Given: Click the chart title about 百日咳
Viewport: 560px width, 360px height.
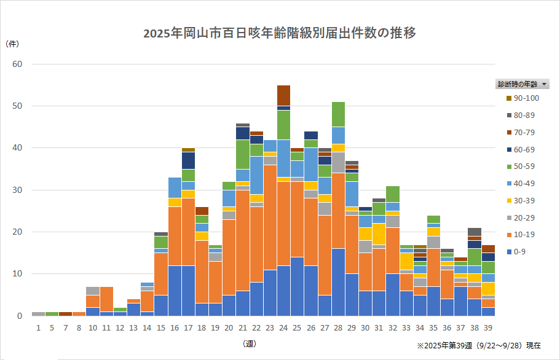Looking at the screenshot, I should [280, 33].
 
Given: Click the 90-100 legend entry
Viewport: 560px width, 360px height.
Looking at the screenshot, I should [527, 98].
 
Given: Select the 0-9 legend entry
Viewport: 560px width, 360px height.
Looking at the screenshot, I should [519, 251].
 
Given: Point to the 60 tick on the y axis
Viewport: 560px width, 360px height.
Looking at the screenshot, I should [17, 64].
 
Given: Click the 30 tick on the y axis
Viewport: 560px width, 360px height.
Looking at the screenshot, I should [17, 190].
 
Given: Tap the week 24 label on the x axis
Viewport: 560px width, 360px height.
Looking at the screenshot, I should [283, 329].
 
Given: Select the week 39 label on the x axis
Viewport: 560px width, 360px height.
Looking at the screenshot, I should [488, 329].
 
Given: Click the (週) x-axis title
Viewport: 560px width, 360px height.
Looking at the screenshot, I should [250, 343].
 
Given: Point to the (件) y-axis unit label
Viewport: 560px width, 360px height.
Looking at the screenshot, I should [12, 44].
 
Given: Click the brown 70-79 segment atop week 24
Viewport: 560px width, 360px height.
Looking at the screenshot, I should [283, 95].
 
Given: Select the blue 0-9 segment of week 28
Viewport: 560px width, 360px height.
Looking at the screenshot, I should [338, 282].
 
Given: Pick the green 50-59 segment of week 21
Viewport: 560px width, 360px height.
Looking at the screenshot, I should [243, 154].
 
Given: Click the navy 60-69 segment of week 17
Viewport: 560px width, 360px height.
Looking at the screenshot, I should [188, 160].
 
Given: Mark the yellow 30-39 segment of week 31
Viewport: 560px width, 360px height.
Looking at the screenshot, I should [379, 234].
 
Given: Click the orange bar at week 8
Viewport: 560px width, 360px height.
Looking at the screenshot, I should [79, 313].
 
